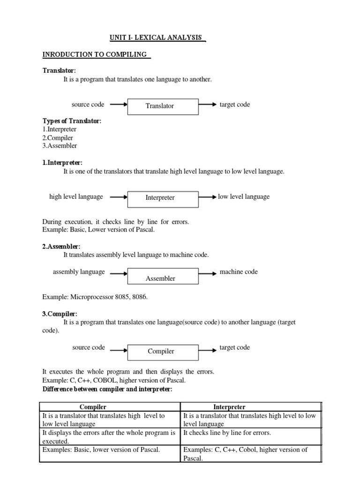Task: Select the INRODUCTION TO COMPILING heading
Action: [x=96, y=54]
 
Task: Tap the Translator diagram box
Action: [x=160, y=106]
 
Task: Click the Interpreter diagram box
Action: [x=160, y=198]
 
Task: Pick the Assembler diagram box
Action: [x=160, y=275]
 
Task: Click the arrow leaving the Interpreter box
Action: [x=208, y=197]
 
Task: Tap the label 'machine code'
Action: [x=239, y=272]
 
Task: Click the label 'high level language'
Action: [x=76, y=197]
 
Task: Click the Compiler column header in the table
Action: [x=110, y=407]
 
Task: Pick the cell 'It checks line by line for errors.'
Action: [x=227, y=433]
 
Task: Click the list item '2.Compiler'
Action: [x=58, y=138]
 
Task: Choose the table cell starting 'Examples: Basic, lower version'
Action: [x=101, y=450]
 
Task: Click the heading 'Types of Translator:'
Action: [x=71, y=121]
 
